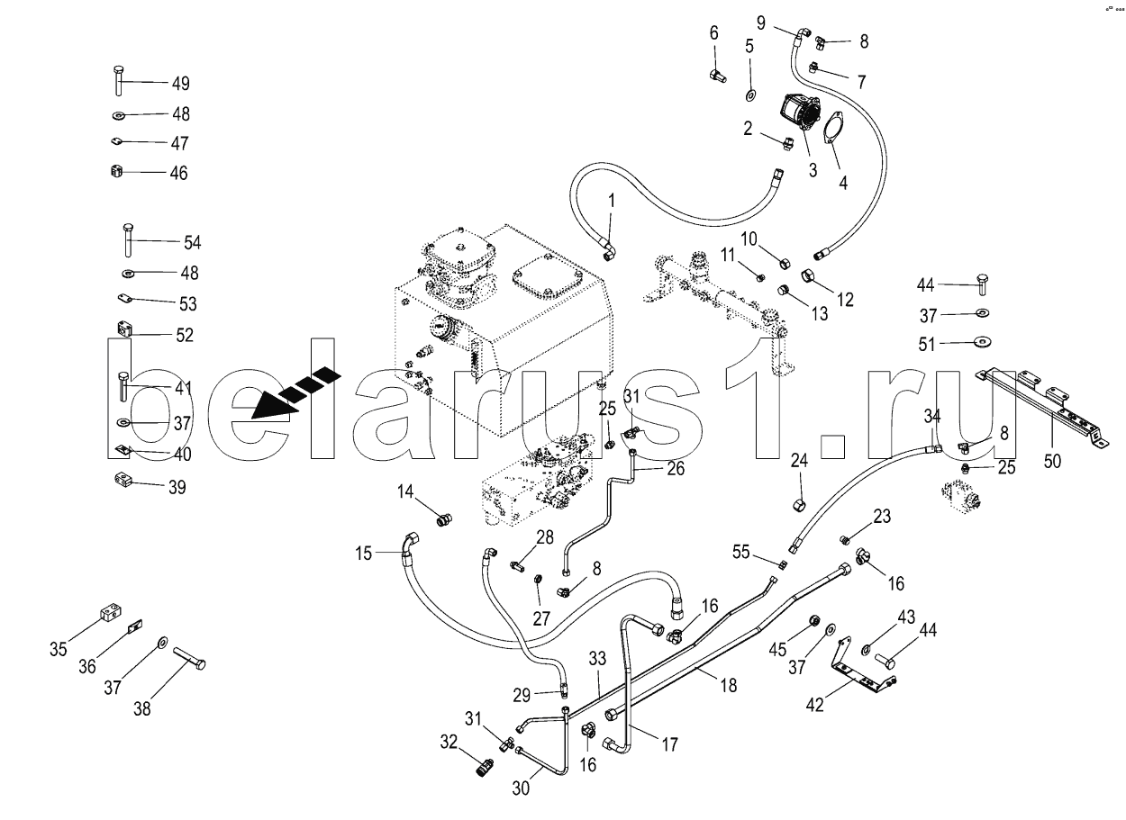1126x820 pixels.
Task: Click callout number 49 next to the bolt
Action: tap(180, 84)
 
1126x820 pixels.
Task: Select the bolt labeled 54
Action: tap(127, 241)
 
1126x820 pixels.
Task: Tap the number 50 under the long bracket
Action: tap(1052, 461)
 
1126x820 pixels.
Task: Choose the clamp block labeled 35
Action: tap(106, 615)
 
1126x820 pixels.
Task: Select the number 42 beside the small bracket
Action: tap(813, 705)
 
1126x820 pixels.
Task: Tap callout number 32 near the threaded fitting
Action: tap(449, 742)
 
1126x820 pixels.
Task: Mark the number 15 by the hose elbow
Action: tap(363, 554)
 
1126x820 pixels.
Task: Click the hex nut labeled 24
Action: tap(799, 498)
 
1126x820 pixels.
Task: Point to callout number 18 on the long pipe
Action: tap(728, 685)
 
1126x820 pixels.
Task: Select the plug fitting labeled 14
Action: tap(442, 518)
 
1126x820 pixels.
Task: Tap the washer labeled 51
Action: tap(981, 342)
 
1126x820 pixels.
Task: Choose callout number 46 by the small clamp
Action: tap(178, 173)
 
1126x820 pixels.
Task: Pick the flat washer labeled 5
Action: tap(749, 95)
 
